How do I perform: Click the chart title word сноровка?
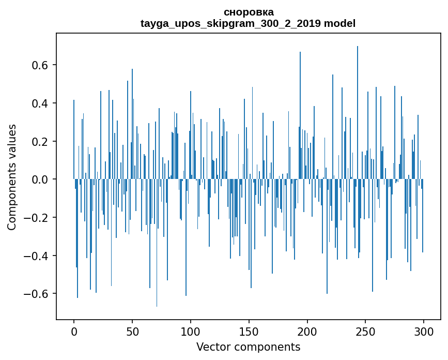coord(249,12)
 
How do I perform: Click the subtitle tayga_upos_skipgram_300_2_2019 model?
coord(249,23)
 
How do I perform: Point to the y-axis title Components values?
coord(12,177)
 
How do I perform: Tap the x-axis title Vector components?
coord(248,347)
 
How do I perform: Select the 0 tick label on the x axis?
coord(74,331)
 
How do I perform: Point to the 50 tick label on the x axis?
coord(132,331)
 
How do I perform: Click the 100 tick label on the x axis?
coord(191,331)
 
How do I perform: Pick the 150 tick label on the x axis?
coord(249,331)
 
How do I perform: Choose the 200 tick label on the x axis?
coord(307,331)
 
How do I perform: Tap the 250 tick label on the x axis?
coord(366,331)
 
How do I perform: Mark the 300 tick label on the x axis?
coord(424,331)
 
